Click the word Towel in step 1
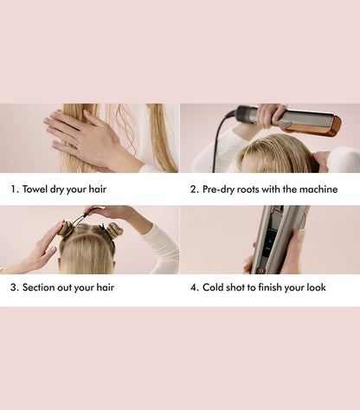[39, 189]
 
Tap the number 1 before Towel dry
[14, 189]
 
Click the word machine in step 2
[315, 189]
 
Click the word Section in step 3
[43, 287]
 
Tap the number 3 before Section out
[14, 287]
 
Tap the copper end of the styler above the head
[319, 123]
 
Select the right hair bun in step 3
[114, 229]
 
